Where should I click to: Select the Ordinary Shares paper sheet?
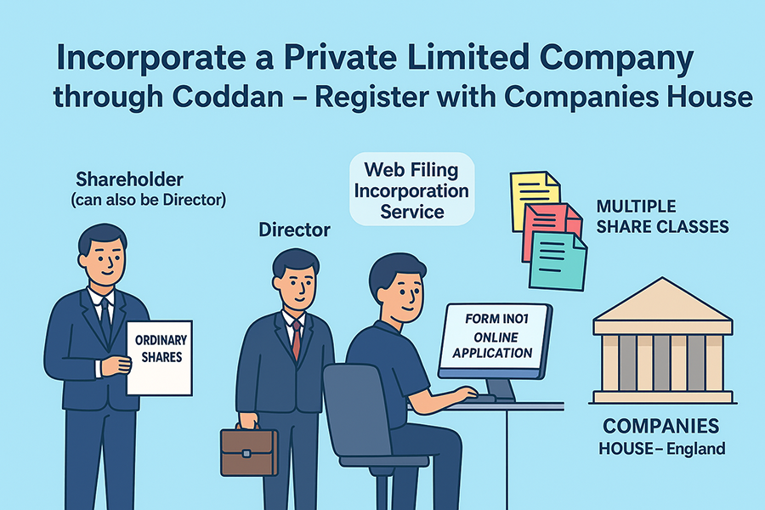click(159, 356)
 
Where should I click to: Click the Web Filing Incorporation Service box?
click(412, 190)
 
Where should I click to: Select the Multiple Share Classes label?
click(662, 217)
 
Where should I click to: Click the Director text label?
click(294, 229)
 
